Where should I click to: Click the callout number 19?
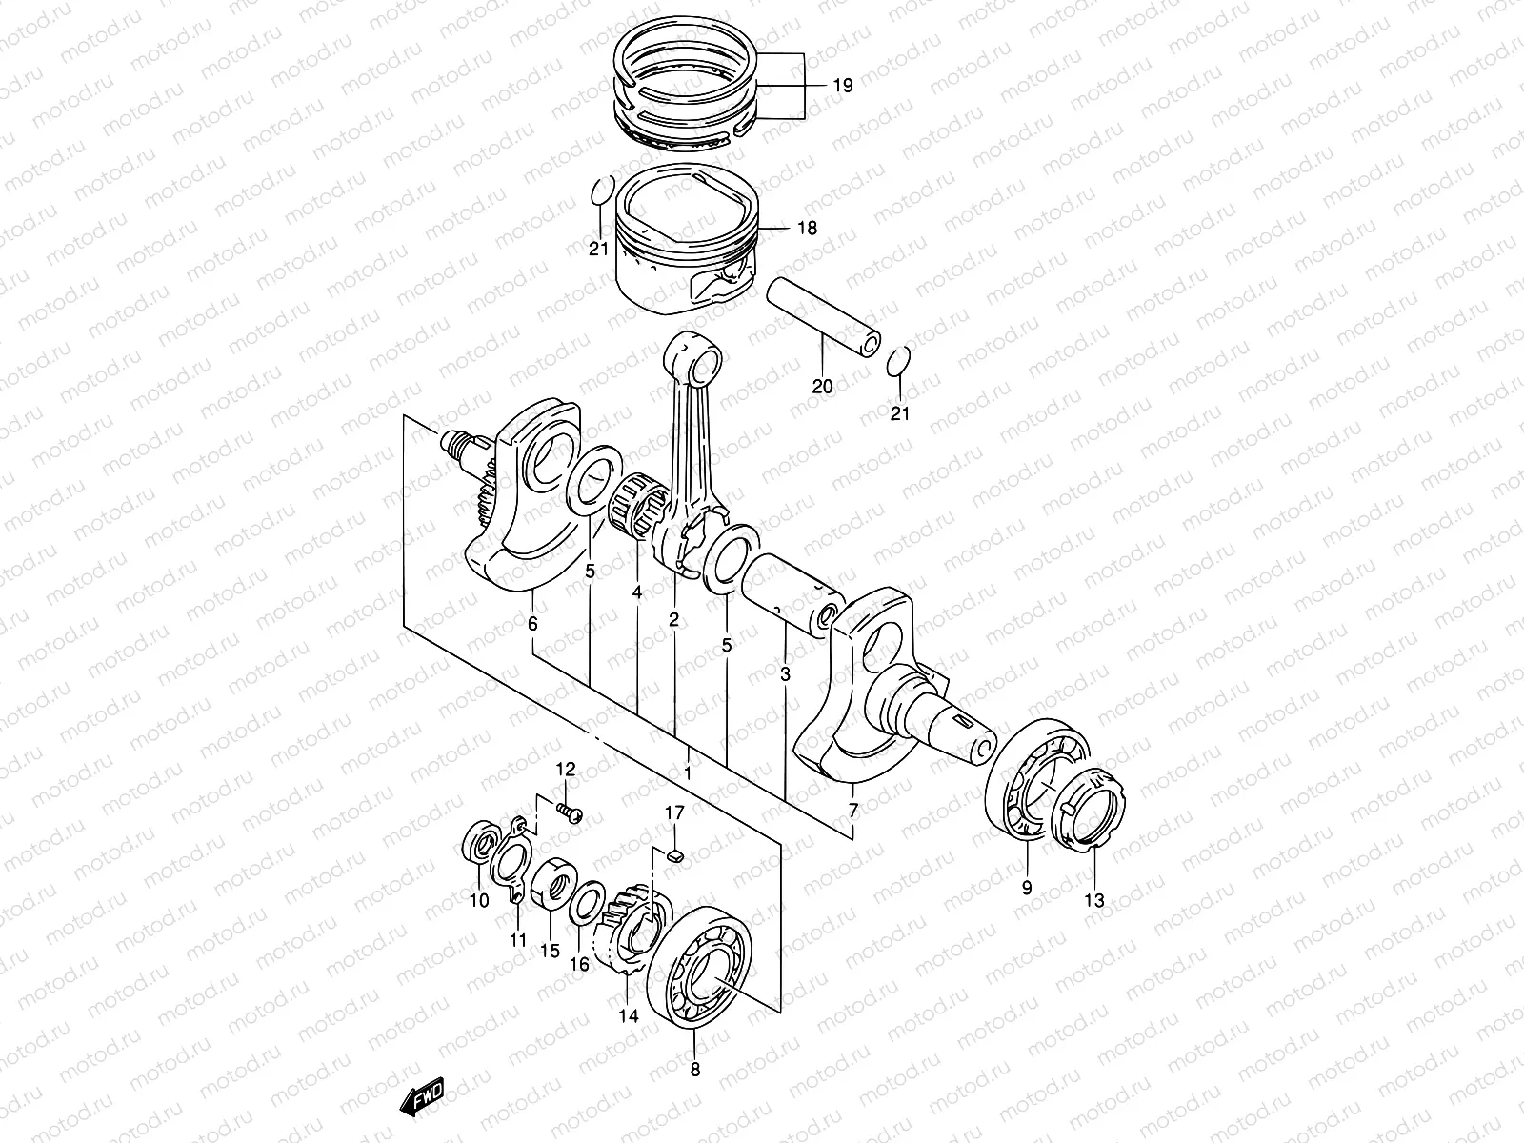coord(842,86)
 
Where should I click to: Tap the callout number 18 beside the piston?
coord(809,229)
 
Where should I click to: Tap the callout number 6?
coord(532,625)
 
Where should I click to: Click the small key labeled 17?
coord(674,854)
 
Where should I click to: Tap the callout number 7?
coord(852,812)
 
